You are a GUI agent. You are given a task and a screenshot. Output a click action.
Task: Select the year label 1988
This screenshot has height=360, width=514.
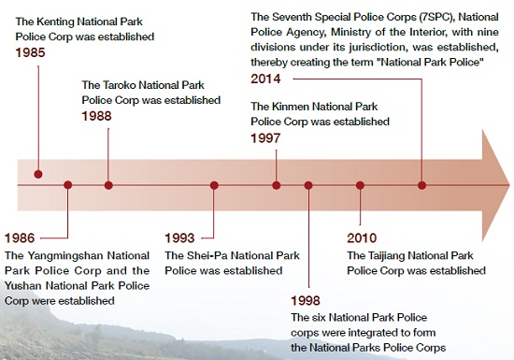[x=97, y=117]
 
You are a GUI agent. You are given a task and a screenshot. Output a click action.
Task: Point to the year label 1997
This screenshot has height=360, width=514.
[x=265, y=137]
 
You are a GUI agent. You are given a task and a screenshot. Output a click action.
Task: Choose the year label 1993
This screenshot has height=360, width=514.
[x=180, y=237]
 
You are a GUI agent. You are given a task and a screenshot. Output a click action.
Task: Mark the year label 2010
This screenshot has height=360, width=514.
[x=363, y=237]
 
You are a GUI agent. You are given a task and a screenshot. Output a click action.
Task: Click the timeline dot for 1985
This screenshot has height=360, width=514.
[x=37, y=174]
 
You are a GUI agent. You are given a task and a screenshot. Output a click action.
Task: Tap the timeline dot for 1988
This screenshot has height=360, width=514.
[x=108, y=185]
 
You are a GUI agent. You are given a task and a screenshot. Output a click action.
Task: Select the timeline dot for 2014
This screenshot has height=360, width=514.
[x=421, y=185]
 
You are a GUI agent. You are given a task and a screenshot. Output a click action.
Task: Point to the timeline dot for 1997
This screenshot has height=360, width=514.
[x=277, y=185]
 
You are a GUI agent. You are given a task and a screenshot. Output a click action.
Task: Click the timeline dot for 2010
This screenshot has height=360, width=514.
[x=360, y=185]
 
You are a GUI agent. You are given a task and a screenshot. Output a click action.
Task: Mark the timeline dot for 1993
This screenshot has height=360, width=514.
[x=214, y=185]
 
